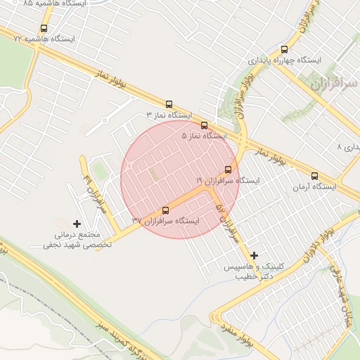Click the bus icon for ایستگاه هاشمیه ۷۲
coord(44,29)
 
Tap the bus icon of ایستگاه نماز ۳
coord(169,103)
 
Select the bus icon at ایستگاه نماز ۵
coord(204,125)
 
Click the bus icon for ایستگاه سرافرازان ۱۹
coord(228,169)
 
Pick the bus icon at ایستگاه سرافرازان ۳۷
coord(166,210)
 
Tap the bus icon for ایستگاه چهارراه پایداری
coord(284,49)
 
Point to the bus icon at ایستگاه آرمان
coord(314,176)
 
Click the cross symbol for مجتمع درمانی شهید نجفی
coord(77,224)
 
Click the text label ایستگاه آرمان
coord(314,187)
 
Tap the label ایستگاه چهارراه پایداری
coord(284,60)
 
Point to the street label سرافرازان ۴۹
coord(93,191)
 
